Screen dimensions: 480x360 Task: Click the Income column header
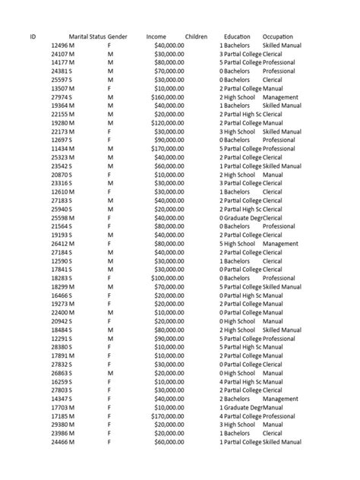pyautogui.click(x=156, y=36)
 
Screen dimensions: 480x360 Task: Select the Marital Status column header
pyautogui.click(x=87, y=36)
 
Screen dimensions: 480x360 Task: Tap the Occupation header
pyautogui.click(x=277, y=36)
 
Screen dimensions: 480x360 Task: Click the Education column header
pyautogui.click(x=237, y=36)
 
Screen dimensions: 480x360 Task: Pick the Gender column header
pyautogui.click(x=117, y=36)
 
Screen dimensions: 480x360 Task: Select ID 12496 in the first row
pyautogui.click(x=62, y=46)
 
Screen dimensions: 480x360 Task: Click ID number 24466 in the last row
pyautogui.click(x=62, y=441)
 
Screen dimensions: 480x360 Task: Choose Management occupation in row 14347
pyautogui.click(x=280, y=398)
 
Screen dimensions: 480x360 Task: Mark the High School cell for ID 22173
pyautogui.click(x=239, y=131)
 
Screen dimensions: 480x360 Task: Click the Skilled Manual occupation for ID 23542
pyautogui.click(x=282, y=166)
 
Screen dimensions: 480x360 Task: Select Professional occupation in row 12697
pyautogui.click(x=279, y=141)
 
